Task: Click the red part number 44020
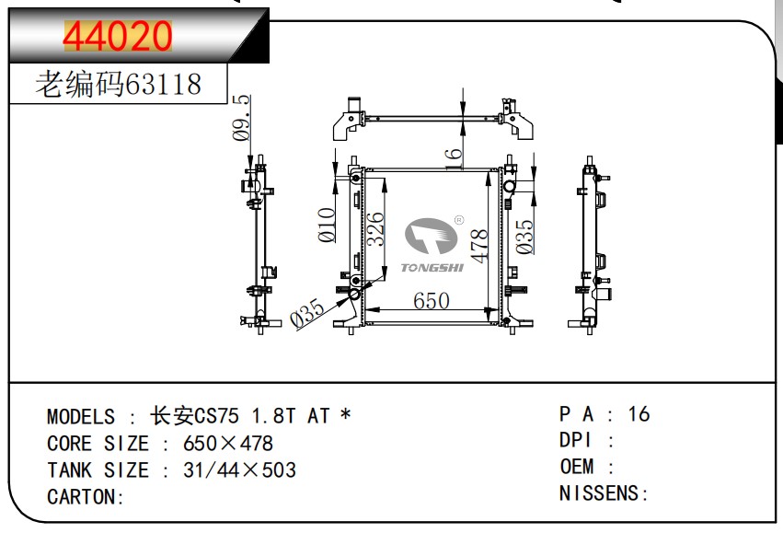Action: coord(118,36)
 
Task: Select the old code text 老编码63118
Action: coord(118,85)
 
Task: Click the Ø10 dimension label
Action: coord(326,225)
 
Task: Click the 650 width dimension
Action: coord(431,301)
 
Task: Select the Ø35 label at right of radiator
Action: coord(524,237)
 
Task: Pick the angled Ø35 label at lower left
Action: coord(307,314)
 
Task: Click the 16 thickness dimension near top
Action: coord(453,157)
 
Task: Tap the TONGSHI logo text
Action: coord(432,268)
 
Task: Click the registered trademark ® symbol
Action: coord(458,221)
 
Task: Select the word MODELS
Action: coord(81,417)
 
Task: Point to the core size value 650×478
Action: coord(228,444)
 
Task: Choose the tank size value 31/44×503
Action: coord(239,470)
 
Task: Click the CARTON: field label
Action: coord(86,497)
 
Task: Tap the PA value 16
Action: coord(639,414)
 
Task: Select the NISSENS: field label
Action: coord(604,493)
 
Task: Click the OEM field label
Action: coord(577,467)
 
